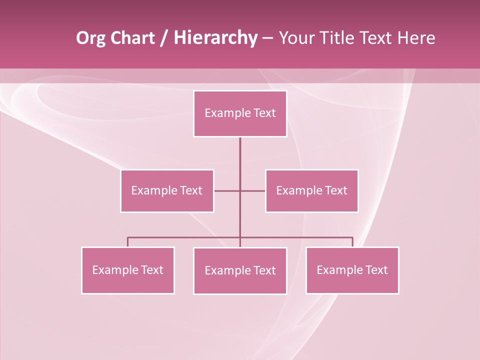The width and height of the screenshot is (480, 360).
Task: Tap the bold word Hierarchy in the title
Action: [215, 38]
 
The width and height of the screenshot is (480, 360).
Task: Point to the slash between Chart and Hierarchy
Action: [164, 38]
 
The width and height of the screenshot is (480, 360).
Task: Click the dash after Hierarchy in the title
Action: [267, 38]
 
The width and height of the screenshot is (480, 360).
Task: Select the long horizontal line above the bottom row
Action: [185, 237]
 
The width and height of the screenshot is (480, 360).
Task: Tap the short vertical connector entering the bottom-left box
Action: [127, 242]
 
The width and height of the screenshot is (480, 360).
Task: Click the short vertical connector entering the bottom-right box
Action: [352, 242]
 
